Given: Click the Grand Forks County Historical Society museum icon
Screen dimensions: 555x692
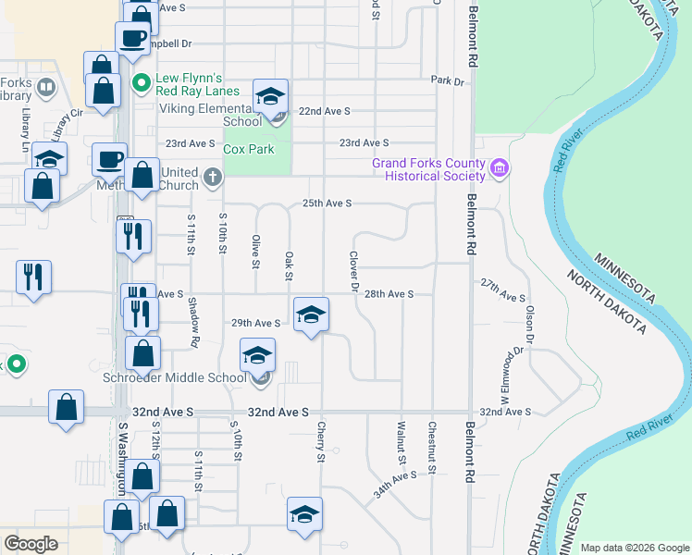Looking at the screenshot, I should point(500,168).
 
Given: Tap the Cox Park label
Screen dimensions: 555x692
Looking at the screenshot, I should point(249,149).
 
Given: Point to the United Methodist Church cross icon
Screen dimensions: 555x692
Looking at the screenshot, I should point(214,176).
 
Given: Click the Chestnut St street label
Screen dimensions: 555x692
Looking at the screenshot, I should point(432,449).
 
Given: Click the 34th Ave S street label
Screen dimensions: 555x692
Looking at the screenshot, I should point(396,484).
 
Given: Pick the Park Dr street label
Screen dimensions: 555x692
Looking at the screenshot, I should point(447,81).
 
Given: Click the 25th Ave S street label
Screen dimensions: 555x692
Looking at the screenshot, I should point(327,203).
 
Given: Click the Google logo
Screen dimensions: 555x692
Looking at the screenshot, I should point(31,544).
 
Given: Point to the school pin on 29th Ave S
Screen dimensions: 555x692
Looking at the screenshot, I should point(312,314).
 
